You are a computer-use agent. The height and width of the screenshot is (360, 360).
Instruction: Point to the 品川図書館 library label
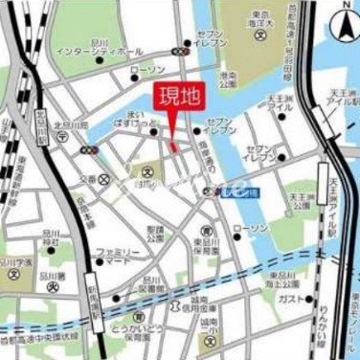click(153, 283)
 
